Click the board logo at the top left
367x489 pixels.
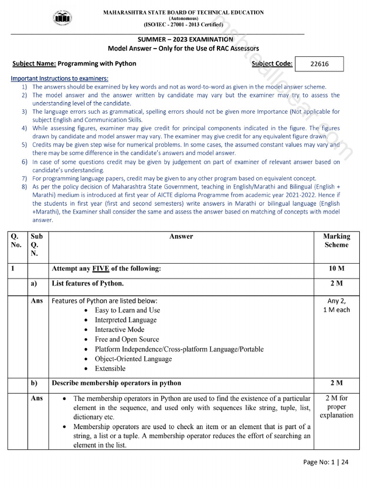(62, 19)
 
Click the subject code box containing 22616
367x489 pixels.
(319, 64)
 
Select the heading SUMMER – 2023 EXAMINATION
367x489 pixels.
(183, 40)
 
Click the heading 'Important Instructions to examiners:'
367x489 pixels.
(60, 78)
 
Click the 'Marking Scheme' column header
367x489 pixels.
(336, 241)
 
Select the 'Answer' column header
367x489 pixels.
(181, 236)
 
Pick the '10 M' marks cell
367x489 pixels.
(336, 269)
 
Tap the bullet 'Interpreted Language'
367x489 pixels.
(126, 320)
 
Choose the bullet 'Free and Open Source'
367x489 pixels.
(127, 340)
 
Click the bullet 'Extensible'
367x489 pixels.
(110, 369)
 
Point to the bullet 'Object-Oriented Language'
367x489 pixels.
(133, 359)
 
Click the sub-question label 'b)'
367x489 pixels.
(34, 383)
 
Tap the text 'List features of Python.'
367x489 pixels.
(87, 284)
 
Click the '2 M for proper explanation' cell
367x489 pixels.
(336, 407)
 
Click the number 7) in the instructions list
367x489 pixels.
(24, 178)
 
